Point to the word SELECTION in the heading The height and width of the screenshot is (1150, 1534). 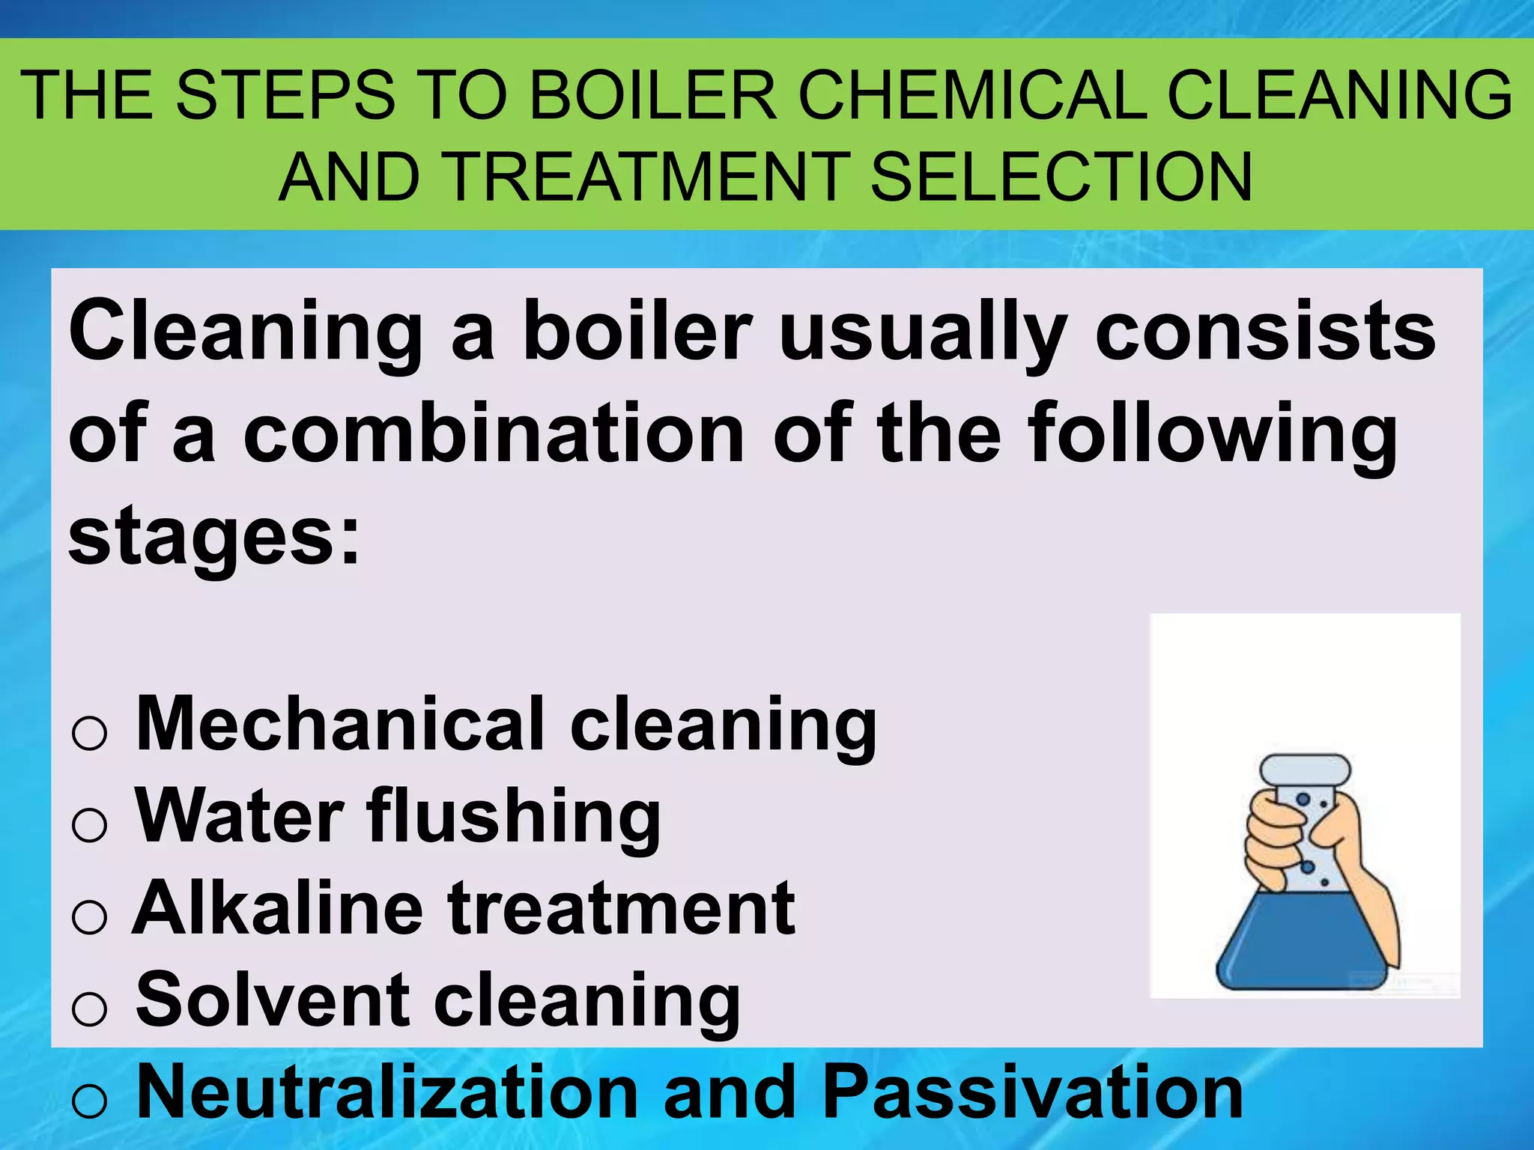coord(1061,177)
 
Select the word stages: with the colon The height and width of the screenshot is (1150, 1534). coord(214,536)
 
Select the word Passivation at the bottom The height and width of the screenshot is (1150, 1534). coord(1033,1092)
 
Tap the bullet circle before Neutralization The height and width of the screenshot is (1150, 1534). coord(90,1101)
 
